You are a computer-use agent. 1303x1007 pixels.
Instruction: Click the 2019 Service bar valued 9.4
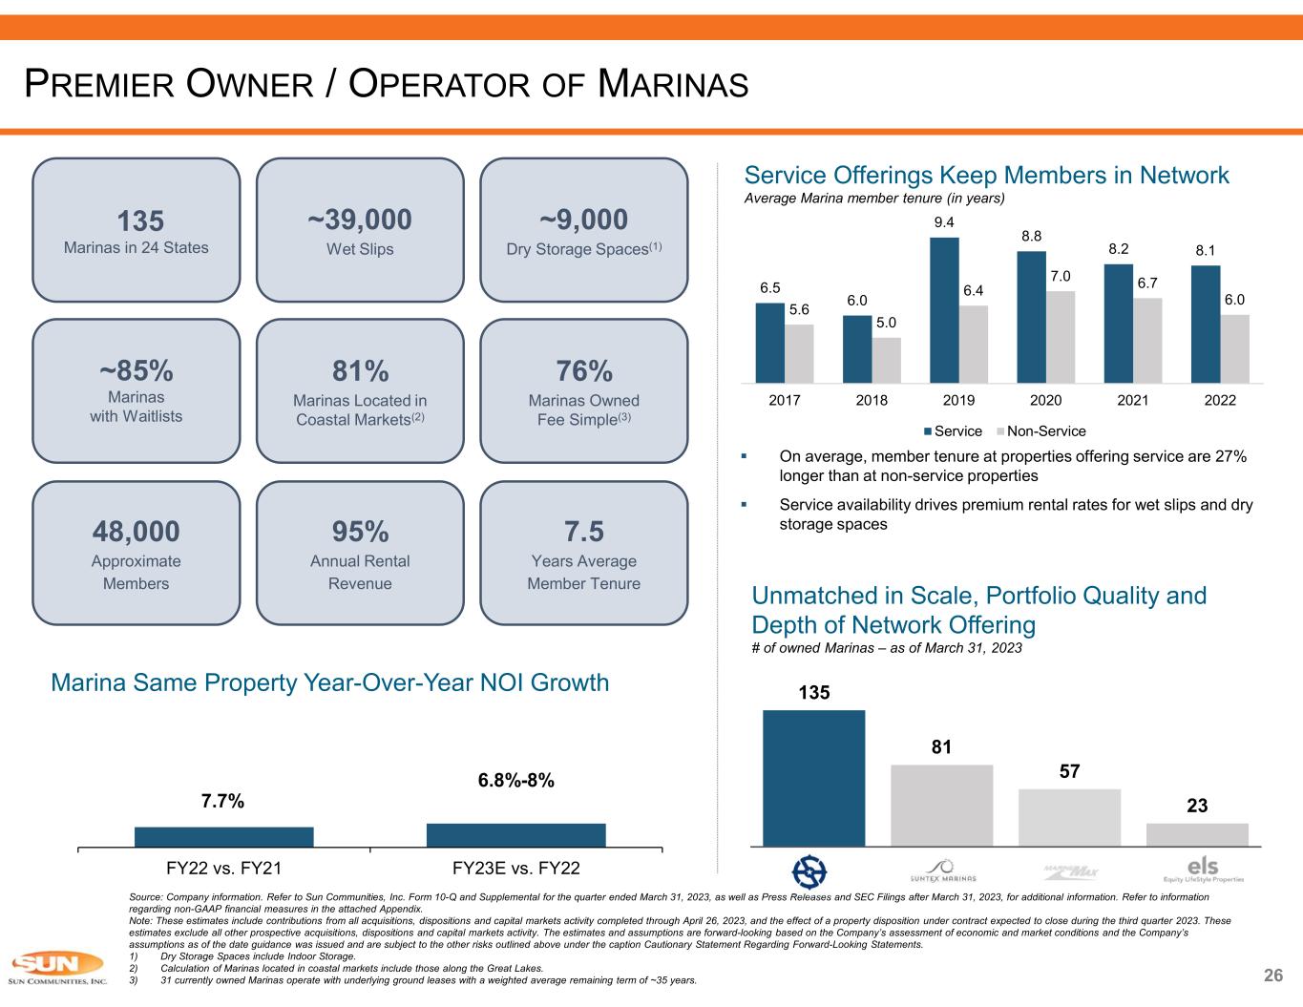point(944,310)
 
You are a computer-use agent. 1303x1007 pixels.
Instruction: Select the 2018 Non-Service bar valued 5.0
point(887,360)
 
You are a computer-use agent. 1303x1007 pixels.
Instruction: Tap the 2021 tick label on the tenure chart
point(1132,401)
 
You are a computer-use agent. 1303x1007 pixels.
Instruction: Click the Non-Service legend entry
point(1043,431)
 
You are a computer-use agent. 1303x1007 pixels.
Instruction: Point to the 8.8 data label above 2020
point(1031,236)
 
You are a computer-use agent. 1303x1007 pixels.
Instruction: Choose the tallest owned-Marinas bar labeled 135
point(813,777)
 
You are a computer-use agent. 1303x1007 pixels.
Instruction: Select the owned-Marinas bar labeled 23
point(1197,834)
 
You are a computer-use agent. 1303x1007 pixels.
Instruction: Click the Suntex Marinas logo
point(942,871)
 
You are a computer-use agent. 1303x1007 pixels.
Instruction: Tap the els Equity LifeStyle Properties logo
point(1203,870)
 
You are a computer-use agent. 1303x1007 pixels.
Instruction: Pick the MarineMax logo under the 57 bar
point(1070,871)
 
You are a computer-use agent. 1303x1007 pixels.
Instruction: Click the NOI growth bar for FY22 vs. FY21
point(223,836)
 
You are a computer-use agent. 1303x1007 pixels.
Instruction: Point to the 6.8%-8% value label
point(515,781)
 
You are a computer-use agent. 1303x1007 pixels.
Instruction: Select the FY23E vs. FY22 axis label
point(515,869)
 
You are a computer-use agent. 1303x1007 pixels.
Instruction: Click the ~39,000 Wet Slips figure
point(360,220)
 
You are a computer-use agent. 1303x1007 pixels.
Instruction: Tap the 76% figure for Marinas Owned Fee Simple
point(583,370)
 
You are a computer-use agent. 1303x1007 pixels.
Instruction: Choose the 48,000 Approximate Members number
point(136,531)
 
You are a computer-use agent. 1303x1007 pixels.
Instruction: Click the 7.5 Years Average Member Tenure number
point(583,531)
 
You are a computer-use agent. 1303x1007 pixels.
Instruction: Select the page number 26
point(1273,976)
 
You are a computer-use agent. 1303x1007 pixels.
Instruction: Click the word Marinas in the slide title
point(673,85)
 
